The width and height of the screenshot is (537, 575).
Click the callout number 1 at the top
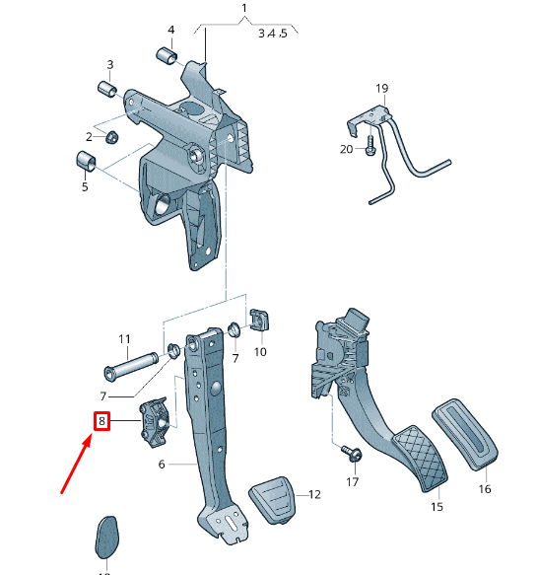click(x=244, y=11)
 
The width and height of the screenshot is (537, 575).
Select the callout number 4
click(x=170, y=29)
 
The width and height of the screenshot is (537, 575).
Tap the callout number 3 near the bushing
click(x=109, y=65)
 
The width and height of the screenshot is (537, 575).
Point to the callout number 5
click(x=85, y=185)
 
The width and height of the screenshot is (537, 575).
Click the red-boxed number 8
click(x=101, y=422)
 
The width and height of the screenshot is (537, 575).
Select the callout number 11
click(x=125, y=340)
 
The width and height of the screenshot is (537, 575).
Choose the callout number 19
click(x=382, y=89)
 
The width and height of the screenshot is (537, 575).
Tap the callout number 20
click(x=345, y=149)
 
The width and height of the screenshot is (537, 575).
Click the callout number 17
click(x=353, y=483)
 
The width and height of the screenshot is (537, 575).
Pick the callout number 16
click(x=485, y=488)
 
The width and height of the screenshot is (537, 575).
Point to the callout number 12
click(x=315, y=494)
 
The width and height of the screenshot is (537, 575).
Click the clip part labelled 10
click(x=261, y=321)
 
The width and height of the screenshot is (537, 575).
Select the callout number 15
click(x=437, y=507)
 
